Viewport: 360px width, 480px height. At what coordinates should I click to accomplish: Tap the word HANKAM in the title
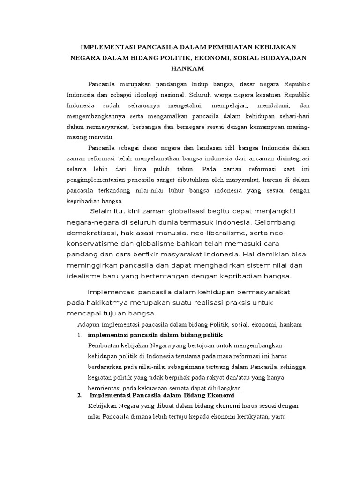(x=187, y=68)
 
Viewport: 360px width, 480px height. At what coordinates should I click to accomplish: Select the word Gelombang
(x=274, y=222)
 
